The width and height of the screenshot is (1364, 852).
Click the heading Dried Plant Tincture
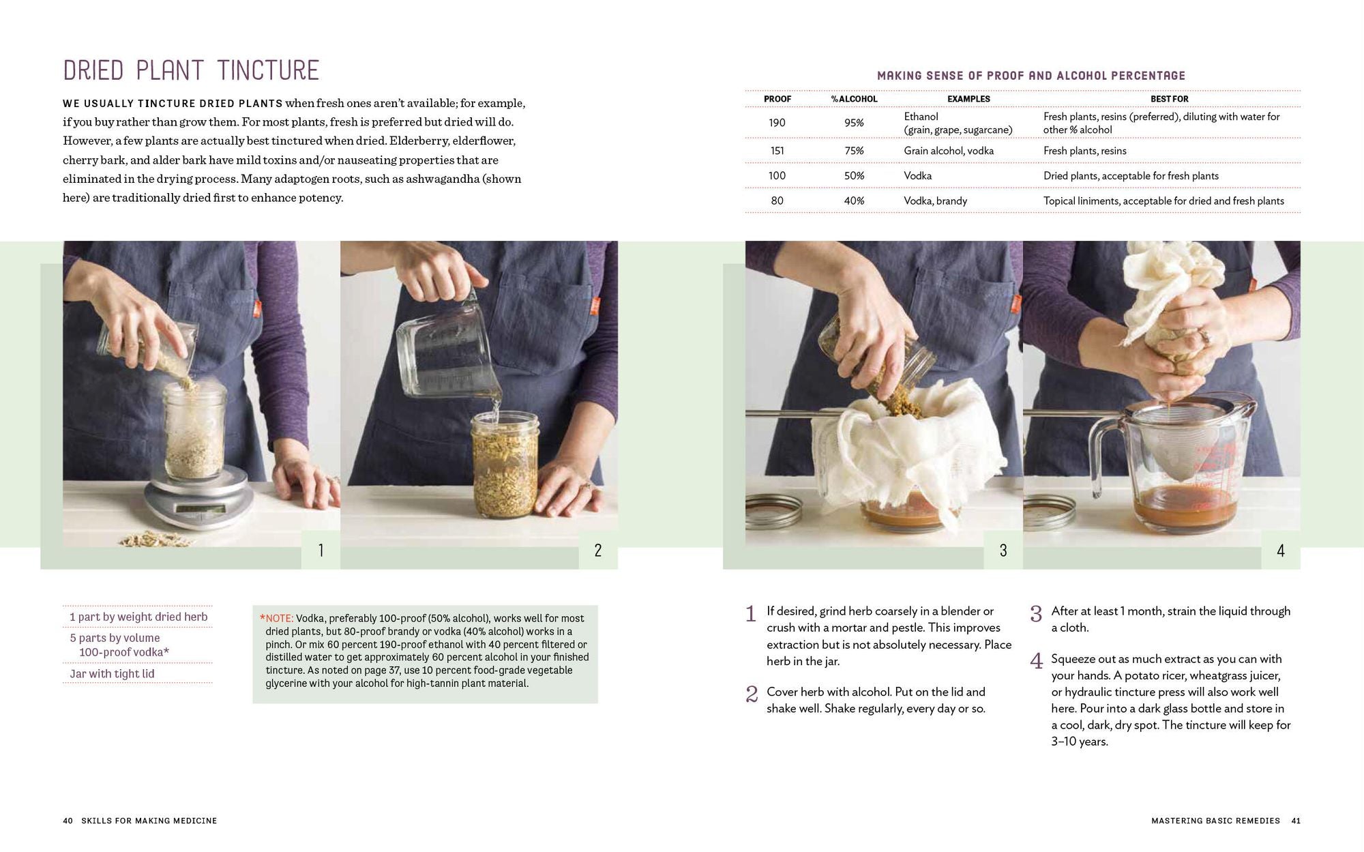click(191, 71)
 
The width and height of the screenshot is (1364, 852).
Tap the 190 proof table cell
click(777, 123)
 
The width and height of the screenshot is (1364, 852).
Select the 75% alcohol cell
click(854, 151)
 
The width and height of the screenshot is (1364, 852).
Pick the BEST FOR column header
click(1169, 99)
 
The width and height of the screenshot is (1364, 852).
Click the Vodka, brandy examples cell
click(935, 201)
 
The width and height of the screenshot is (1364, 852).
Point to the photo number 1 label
click(321, 550)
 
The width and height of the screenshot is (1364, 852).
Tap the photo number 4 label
click(1280, 550)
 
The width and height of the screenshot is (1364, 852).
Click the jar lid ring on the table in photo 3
click(773, 509)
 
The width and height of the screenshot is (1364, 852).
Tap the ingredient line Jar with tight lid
click(112, 674)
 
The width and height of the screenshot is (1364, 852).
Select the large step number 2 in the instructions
click(752, 694)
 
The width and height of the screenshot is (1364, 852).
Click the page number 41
click(1296, 821)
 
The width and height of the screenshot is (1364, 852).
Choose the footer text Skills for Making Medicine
click(149, 821)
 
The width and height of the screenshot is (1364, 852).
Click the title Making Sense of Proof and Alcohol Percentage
click(1031, 76)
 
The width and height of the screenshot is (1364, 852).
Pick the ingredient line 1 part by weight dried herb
click(138, 617)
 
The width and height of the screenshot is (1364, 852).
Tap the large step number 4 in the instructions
click(1037, 661)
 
